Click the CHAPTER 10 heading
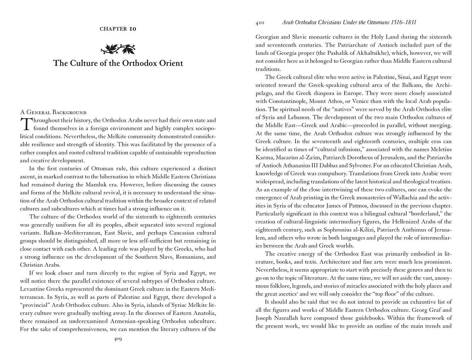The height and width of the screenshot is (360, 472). [118, 29]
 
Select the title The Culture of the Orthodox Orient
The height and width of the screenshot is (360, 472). [118, 63]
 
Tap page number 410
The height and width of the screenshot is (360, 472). [260, 23]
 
